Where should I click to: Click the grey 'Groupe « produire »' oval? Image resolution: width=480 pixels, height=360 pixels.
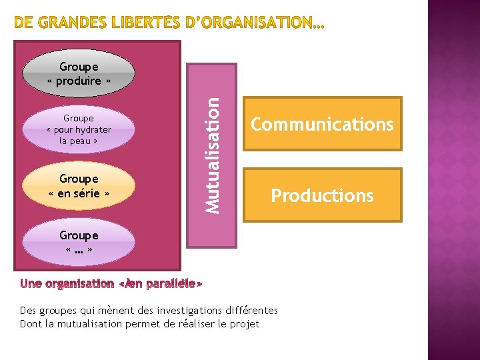(x=79, y=73)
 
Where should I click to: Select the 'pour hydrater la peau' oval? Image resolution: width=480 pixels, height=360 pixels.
(x=79, y=129)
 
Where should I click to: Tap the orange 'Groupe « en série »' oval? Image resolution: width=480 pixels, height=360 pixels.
(x=79, y=186)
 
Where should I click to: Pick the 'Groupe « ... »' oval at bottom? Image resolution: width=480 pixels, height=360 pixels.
(x=79, y=242)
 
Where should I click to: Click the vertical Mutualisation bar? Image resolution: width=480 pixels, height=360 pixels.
(x=212, y=155)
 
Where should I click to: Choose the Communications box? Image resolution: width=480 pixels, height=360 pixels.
(x=322, y=125)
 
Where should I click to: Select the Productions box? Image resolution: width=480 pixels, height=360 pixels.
(x=322, y=195)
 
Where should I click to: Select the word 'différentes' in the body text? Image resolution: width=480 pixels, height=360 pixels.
(x=253, y=311)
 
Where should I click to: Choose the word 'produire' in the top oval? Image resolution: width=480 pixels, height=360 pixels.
(x=82, y=81)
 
